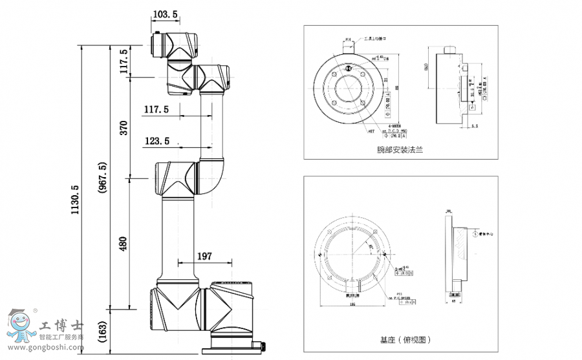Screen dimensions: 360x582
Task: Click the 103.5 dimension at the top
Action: [166, 14]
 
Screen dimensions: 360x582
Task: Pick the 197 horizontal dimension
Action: [204, 256]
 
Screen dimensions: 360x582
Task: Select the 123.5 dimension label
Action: [157, 140]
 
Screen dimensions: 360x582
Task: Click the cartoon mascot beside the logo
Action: [21, 326]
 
